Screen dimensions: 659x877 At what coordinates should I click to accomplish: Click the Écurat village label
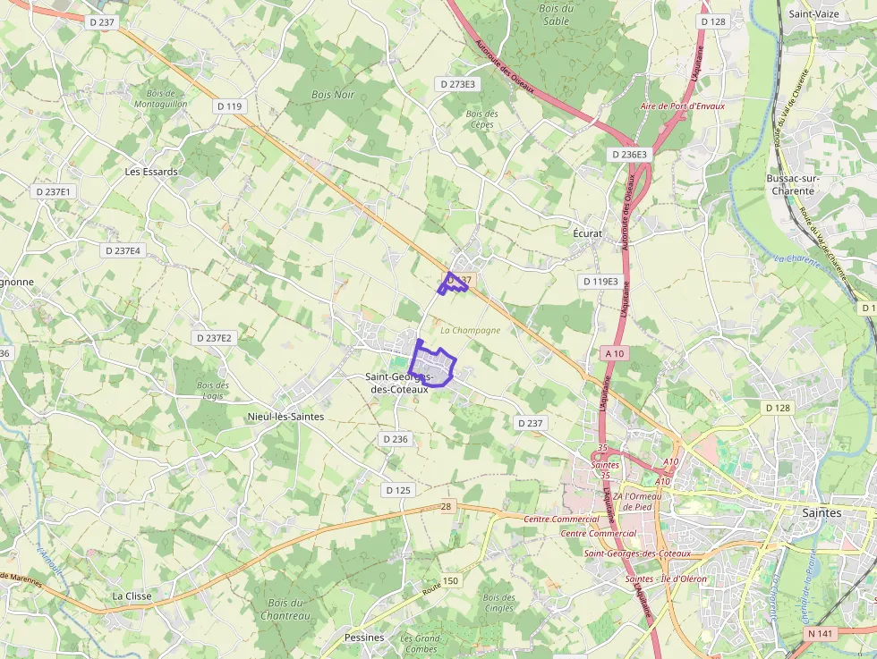pos(587,233)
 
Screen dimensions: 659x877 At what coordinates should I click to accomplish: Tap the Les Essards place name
pos(151,172)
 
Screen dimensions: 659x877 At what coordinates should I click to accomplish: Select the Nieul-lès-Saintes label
pos(285,417)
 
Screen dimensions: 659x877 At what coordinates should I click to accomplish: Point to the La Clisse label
pos(132,596)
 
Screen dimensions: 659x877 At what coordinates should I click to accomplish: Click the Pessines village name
pos(364,638)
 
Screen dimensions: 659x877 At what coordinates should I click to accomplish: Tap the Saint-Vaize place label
pos(813,14)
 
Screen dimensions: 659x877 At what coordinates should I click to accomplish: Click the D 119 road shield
pos(230,106)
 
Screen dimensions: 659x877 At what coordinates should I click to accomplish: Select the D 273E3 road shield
pos(458,84)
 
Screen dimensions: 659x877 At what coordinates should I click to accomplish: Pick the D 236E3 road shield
pos(630,155)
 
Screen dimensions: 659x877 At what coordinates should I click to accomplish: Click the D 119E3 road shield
pos(600,282)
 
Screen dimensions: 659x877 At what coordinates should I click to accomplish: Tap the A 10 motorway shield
pos(614,353)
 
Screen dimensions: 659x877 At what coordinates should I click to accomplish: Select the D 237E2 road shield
pos(214,338)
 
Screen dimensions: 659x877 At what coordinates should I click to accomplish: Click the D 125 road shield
pos(398,490)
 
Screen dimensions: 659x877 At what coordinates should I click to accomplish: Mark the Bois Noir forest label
pos(333,94)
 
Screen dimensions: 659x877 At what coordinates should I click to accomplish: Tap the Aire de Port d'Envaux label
pos(683,106)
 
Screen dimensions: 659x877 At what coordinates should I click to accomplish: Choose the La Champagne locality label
pos(471,330)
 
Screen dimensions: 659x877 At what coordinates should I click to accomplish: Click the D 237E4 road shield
pos(123,251)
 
